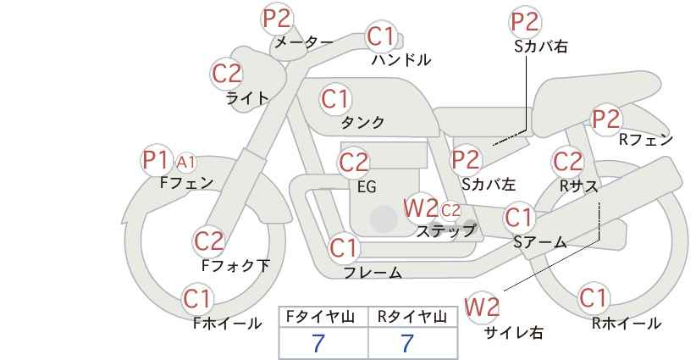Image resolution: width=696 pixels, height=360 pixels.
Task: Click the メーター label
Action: [x=304, y=42]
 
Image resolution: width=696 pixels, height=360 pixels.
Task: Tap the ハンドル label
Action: [x=401, y=59]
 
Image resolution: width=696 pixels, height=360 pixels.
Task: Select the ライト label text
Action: [x=247, y=97]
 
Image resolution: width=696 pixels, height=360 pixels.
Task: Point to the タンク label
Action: [x=362, y=122]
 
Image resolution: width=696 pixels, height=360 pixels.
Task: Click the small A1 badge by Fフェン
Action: [x=185, y=163]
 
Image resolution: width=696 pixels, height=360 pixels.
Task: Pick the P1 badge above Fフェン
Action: [x=156, y=160]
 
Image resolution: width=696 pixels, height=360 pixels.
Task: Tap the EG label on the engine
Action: [x=367, y=187]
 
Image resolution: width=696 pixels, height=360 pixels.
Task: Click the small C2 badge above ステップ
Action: [x=450, y=210]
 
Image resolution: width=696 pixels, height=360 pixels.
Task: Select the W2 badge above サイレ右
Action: [x=482, y=307]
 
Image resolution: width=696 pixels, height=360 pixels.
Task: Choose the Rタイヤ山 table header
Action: [x=412, y=317]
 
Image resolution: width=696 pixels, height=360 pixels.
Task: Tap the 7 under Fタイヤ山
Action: [x=318, y=344]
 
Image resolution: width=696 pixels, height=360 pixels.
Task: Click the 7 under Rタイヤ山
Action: [x=407, y=344]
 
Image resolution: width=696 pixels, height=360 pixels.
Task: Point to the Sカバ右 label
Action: [x=541, y=47]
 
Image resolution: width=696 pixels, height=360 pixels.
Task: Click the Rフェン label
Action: [x=646, y=140]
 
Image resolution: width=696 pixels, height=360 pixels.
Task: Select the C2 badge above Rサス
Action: [x=567, y=162]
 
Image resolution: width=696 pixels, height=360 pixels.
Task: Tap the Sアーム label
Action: [x=539, y=242]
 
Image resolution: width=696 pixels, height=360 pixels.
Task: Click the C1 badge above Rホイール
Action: [x=593, y=298]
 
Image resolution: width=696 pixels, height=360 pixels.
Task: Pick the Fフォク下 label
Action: [x=235, y=265]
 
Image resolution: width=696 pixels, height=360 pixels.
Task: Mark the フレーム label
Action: [x=373, y=273]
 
